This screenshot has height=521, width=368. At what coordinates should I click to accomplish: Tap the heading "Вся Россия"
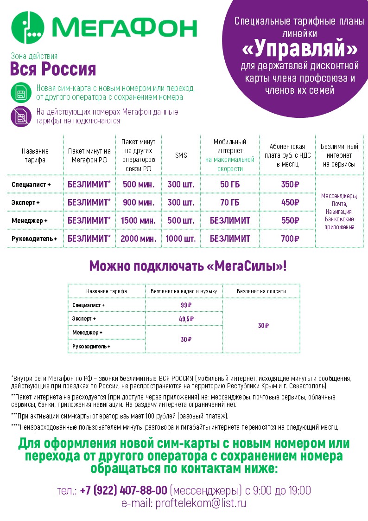coord(53,69)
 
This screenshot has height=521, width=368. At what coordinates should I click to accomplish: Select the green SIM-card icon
coord(21,92)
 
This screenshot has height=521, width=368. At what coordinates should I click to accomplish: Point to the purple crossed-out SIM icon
coord(21,116)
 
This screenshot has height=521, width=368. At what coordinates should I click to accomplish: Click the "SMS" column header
coord(181,155)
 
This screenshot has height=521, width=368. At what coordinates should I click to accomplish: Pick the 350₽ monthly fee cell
coord(290,184)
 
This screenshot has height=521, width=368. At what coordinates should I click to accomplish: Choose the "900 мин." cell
coord(138,202)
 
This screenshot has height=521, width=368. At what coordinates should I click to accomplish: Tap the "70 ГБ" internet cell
coord(229,202)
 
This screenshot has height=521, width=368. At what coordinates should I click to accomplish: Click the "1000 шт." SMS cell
coord(181,238)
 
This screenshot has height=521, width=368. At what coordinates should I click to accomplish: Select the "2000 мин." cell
coord(138,238)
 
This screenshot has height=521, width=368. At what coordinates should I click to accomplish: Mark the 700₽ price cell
coord(290,238)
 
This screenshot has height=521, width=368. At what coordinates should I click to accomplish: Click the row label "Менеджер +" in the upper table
coord(30,221)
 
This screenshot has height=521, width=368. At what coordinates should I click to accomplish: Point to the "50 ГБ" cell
coord(229,184)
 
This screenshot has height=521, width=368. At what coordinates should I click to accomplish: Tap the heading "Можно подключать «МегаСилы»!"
coord(188,266)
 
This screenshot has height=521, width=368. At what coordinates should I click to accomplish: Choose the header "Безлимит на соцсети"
coord(261,291)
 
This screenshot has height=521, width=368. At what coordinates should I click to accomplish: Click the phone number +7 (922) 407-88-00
coord(123,490)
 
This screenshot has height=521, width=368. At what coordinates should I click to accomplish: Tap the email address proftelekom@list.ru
coord(201,502)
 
